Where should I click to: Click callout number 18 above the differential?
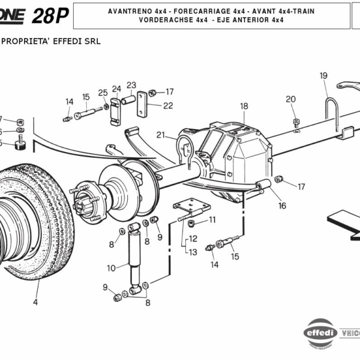point(244,106)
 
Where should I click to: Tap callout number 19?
point(323,76)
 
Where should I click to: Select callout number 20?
point(290,99)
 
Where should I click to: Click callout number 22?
point(168,106)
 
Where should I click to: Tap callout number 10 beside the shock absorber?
point(110,268)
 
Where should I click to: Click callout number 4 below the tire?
point(35,302)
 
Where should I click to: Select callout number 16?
point(282,206)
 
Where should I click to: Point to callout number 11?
point(212,221)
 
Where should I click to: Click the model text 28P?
point(50,16)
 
